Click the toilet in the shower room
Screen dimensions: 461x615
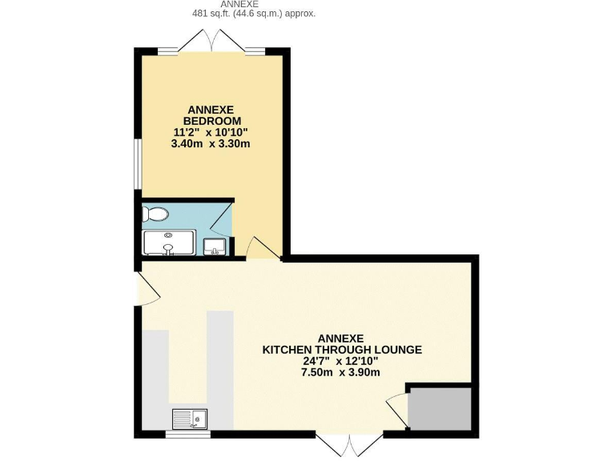click(x=156, y=214)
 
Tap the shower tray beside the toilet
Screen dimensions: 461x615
click(x=169, y=243)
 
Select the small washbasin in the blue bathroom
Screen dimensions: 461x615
click(x=215, y=247)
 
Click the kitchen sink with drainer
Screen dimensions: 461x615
click(x=189, y=419)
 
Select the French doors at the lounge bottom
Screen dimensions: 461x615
click(x=349, y=445)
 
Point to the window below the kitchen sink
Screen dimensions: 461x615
click(x=188, y=435)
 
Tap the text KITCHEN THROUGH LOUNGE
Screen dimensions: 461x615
click(x=342, y=350)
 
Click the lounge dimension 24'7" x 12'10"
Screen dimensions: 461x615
click(x=340, y=361)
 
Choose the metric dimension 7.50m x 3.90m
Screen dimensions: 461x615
click(x=340, y=372)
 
